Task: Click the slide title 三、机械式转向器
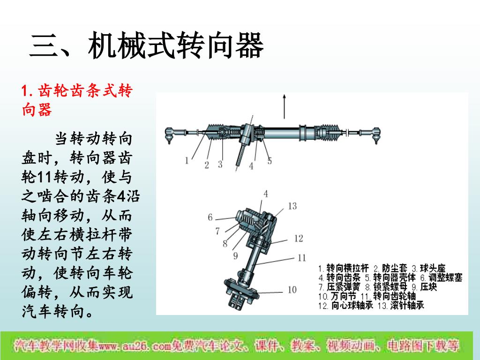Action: (146, 46)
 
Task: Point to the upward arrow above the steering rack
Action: (285, 106)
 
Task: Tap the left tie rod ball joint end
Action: (169, 135)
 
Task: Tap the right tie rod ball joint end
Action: (376, 135)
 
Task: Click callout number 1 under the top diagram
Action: (187, 160)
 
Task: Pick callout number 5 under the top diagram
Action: (270, 161)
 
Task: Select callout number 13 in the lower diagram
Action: (292, 206)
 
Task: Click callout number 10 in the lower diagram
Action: (292, 290)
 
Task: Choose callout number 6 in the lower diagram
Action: (210, 217)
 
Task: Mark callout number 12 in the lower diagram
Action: (299, 238)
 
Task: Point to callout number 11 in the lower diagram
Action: (302, 258)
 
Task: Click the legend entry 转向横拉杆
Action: (347, 268)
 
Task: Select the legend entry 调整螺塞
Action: (445, 277)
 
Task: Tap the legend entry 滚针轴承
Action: (407, 305)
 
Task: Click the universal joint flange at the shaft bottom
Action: (241, 289)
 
